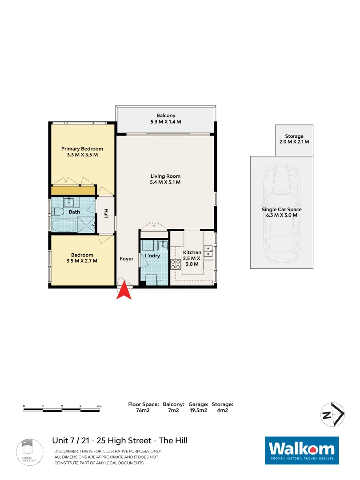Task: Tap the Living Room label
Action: pyautogui.click(x=165, y=179)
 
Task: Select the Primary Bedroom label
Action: pyautogui.click(x=82, y=152)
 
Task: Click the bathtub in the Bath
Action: pyautogui.click(x=64, y=225)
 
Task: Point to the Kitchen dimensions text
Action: pyautogui.click(x=192, y=261)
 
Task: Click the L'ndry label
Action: pyautogui.click(x=152, y=256)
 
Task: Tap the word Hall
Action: pyautogui.click(x=106, y=214)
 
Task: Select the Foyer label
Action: pyautogui.click(x=127, y=259)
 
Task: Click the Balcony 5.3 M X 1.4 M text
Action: pyautogui.click(x=166, y=118)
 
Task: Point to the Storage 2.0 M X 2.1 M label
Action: pyautogui.click(x=294, y=139)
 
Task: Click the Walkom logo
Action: pyautogui.click(x=302, y=450)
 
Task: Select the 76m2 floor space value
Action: pyautogui.click(x=143, y=411)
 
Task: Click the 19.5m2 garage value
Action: pyautogui.click(x=198, y=411)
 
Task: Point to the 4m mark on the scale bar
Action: pyautogui.click(x=99, y=406)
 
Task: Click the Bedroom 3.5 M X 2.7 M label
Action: pyautogui.click(x=82, y=258)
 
